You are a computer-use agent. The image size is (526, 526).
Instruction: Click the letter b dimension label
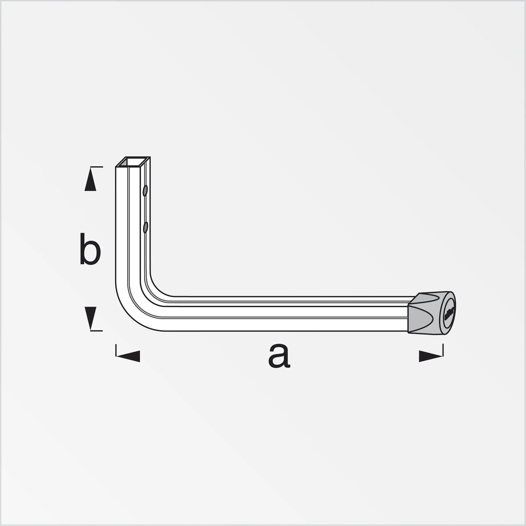(x=90, y=249)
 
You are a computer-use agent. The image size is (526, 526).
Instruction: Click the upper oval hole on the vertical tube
(x=145, y=191)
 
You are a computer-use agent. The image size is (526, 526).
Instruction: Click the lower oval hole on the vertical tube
(x=146, y=227)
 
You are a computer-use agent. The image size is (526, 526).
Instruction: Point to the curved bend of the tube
(x=136, y=305)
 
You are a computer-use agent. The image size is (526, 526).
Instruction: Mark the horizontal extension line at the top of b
(x=97, y=167)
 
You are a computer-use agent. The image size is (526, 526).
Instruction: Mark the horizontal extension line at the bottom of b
(x=97, y=331)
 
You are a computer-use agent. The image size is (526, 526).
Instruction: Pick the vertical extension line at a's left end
(x=116, y=350)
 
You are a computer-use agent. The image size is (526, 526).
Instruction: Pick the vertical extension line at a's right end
(x=443, y=350)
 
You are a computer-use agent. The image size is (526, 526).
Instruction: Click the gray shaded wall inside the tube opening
(x=124, y=162)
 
